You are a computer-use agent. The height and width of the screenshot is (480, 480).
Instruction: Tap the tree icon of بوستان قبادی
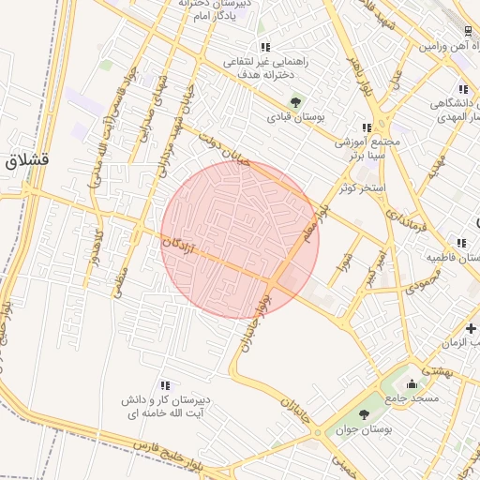click(296, 102)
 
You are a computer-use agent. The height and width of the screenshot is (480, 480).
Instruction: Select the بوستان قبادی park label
click(295, 118)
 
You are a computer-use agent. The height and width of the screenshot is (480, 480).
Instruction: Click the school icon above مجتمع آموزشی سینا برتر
click(367, 128)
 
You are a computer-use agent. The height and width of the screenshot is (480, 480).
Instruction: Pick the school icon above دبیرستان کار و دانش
click(165, 385)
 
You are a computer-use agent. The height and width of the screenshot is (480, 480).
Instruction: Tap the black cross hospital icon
click(471, 328)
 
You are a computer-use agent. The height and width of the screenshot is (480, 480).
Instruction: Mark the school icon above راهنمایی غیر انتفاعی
click(265, 47)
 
